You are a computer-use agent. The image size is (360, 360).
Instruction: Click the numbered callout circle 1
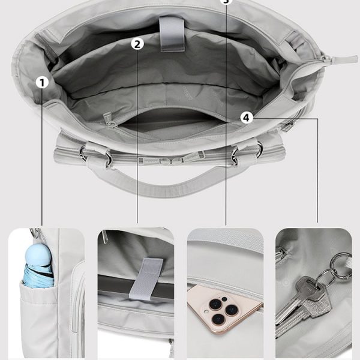pyautogui.click(x=42, y=82)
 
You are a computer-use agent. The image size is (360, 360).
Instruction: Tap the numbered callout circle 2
pyautogui.click(x=137, y=44)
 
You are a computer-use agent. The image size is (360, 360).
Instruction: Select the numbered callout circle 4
pyautogui.click(x=247, y=118)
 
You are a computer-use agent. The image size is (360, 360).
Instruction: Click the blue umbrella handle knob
pyautogui.click(x=37, y=254)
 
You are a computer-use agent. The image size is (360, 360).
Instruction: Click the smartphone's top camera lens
pyautogui.click(x=215, y=304)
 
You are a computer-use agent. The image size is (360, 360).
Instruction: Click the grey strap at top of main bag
pyautogui.click(x=172, y=34)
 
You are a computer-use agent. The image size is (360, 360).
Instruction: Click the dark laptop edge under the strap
pyautogui.click(x=136, y=286)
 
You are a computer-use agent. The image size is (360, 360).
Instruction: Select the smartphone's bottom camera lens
pyautogui.click(x=218, y=319)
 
